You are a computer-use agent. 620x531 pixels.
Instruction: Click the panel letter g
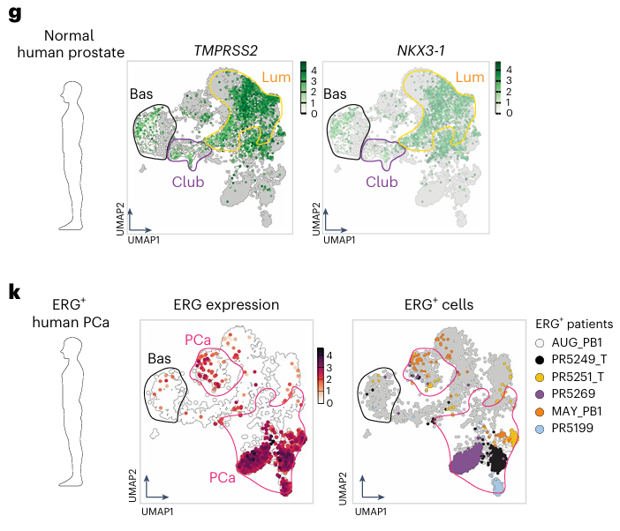(13, 13)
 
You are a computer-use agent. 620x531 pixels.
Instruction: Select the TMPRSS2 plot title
(225, 49)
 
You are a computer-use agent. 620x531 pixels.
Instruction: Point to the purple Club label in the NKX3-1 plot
(382, 182)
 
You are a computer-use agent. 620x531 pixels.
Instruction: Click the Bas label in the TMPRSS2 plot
(141, 93)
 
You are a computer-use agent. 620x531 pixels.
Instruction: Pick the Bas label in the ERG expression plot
(158, 358)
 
